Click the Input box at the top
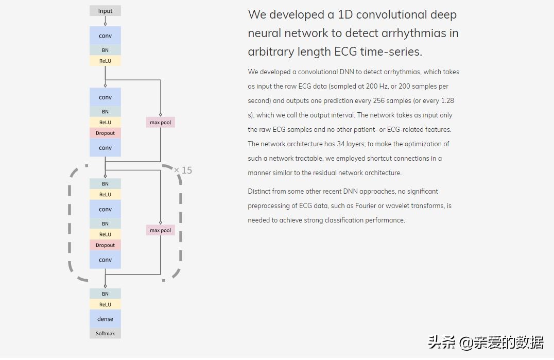pos(105,11)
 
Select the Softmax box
pos(105,333)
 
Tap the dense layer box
pos(105,319)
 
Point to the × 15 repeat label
pos(183,170)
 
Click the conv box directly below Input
pos(105,36)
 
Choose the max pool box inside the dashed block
pos(160,230)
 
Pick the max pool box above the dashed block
pos(160,123)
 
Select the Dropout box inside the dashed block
pos(105,245)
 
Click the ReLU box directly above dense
pos(105,304)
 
